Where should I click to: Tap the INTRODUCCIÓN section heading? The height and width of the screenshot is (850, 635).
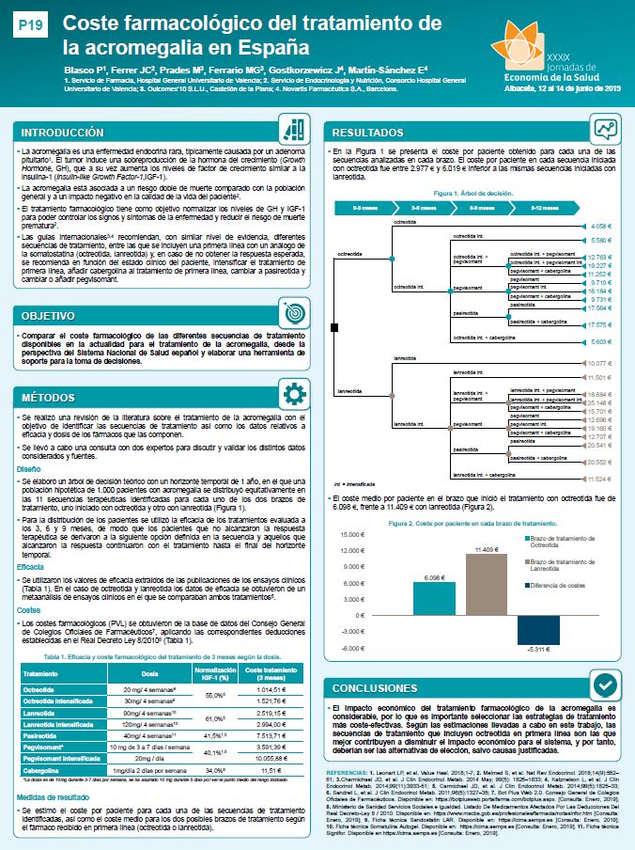[64, 133]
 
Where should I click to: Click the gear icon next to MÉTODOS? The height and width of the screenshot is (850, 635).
[294, 395]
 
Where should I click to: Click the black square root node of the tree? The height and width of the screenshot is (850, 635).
[334, 326]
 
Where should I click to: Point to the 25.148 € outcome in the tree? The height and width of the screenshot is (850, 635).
[599, 401]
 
